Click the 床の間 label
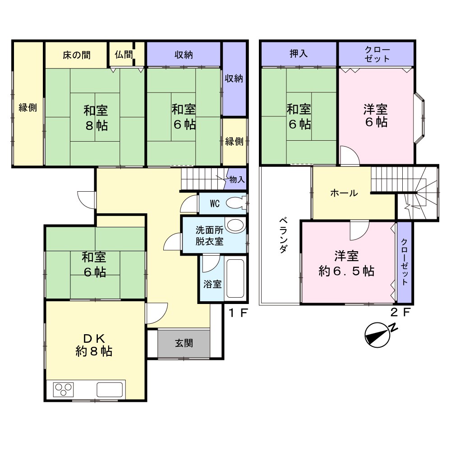(77, 55)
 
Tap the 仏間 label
(124, 55)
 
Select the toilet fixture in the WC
(236, 203)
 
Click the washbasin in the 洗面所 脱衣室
(235, 225)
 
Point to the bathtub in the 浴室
(235, 278)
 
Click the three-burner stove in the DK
(64, 390)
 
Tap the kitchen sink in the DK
(110, 390)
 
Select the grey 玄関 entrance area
(184, 343)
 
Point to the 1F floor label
(238, 313)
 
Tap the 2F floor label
(400, 312)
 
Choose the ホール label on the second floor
(344, 193)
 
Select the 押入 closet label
(299, 54)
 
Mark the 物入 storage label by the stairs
(237, 179)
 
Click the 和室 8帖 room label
(96, 118)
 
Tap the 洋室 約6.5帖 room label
(346, 263)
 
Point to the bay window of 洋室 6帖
(419, 118)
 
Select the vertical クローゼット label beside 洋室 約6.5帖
(405, 262)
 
